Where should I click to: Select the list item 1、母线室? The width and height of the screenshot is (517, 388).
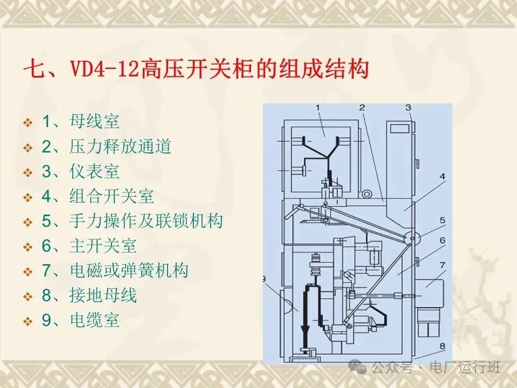81,121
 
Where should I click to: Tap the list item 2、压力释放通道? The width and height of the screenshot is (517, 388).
107,146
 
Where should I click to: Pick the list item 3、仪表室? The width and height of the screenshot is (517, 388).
81,171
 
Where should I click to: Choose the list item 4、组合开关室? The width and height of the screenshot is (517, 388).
98,196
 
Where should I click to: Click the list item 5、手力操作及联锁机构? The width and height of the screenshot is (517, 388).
132,221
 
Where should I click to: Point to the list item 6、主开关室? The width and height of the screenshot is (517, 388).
89,246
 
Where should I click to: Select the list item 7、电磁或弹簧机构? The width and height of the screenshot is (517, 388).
115,271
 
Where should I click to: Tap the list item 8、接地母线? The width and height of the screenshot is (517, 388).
89,295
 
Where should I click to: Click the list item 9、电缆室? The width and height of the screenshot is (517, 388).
81,321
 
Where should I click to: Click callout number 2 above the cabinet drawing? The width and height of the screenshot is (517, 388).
362,107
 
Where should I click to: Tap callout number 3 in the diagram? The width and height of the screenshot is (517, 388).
409,107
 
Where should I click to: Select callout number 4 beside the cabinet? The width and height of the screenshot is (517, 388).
442,176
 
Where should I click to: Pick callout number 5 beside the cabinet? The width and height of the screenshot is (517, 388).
442,220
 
